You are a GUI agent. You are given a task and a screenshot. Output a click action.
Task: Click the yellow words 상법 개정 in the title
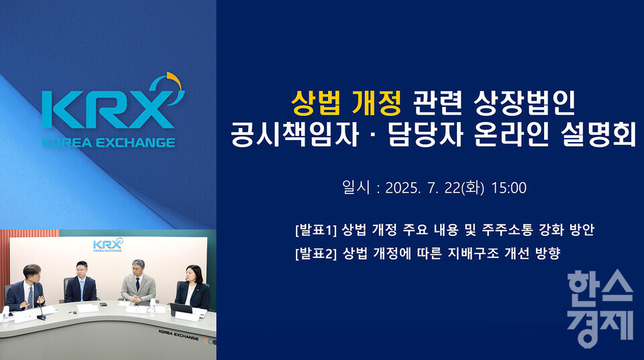point(346,102)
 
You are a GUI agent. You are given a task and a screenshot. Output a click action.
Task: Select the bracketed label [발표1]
point(315,230)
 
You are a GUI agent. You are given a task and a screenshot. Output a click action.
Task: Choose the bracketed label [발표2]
point(315,253)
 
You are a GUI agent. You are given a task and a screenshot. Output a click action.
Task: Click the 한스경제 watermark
point(600,309)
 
